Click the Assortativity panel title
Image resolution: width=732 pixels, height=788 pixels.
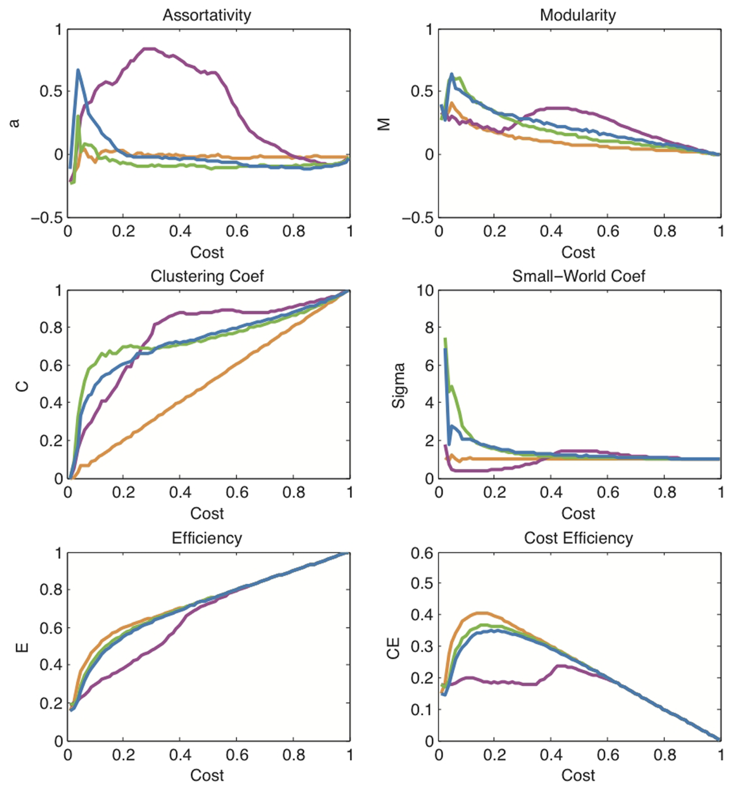(207, 15)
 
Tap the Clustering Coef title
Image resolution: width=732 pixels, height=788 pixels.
(207, 276)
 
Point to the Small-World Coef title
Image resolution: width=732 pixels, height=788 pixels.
(578, 276)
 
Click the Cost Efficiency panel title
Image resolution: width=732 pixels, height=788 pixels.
(578, 538)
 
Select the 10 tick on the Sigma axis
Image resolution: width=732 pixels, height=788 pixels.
(425, 291)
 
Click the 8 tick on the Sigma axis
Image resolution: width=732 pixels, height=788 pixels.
(428, 328)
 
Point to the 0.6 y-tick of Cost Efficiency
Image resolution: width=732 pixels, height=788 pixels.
(422, 553)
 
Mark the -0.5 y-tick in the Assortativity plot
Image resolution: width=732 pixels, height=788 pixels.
(47, 218)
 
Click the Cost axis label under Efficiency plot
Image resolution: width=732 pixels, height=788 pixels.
(207, 775)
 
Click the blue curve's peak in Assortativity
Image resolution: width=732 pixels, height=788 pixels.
(78, 70)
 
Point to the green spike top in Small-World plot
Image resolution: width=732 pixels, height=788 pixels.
(445, 339)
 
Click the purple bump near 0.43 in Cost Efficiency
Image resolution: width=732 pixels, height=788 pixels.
(560, 666)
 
